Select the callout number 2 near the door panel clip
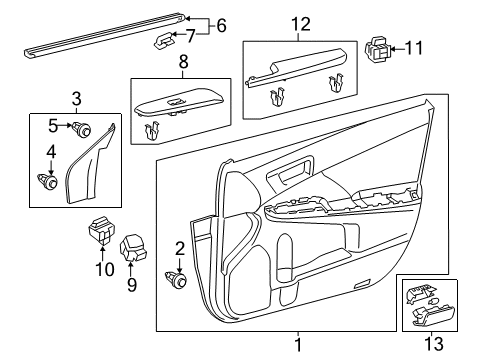pyautogui.click(x=180, y=250)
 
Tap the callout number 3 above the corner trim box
pyautogui.click(x=75, y=98)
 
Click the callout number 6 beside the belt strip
pyautogui.click(x=222, y=24)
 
